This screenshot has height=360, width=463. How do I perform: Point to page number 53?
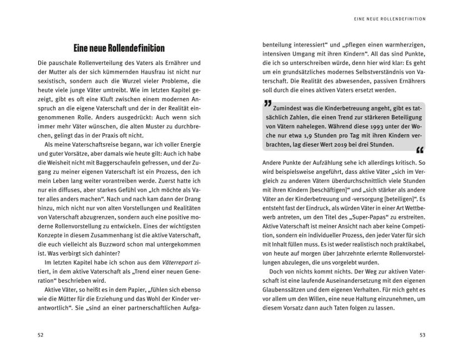[x=421, y=335]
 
